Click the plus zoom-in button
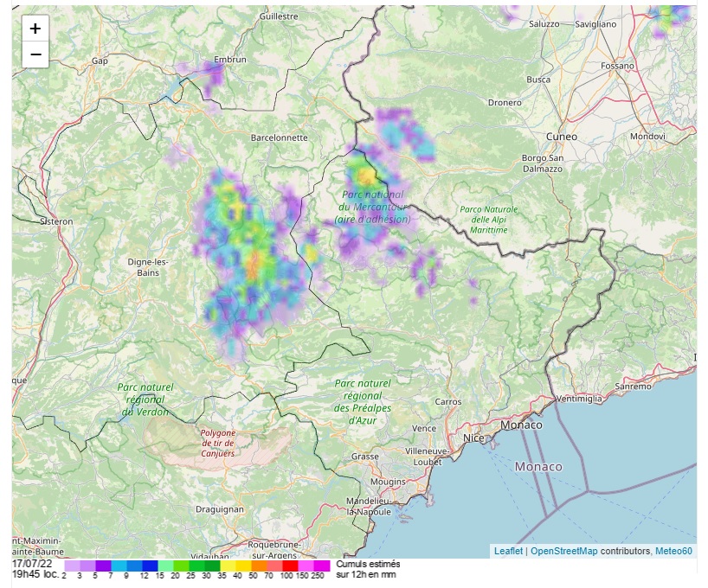(x=35, y=29)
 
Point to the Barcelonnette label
(x=279, y=137)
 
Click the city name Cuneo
(x=561, y=137)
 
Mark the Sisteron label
(x=57, y=221)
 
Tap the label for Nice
(x=473, y=438)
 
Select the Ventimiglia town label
(x=577, y=399)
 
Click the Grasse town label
(x=365, y=456)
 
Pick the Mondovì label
(x=647, y=137)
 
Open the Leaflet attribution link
(x=508, y=551)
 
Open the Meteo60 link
(x=673, y=551)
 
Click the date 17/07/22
(x=33, y=564)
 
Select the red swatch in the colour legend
(x=289, y=565)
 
